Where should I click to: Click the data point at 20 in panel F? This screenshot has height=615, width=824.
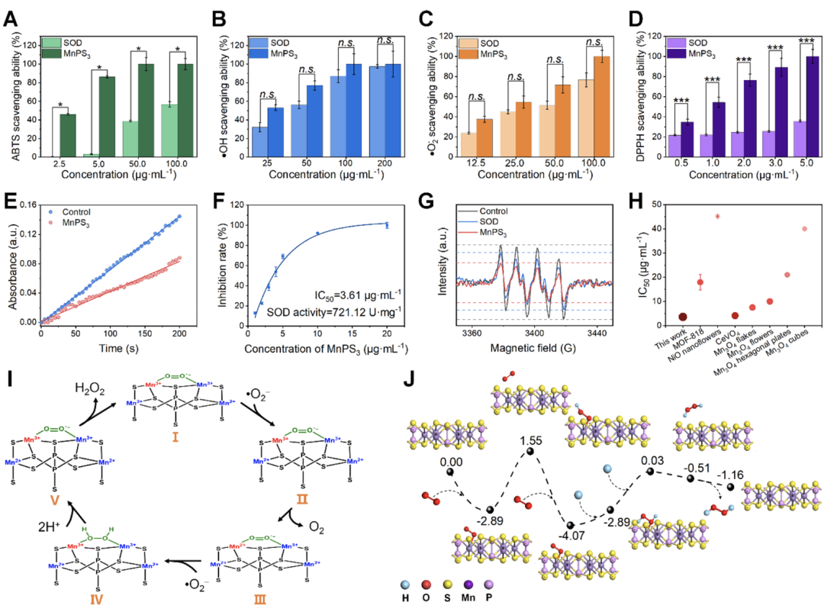[387, 225]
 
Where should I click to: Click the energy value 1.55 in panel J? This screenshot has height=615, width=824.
[533, 441]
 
